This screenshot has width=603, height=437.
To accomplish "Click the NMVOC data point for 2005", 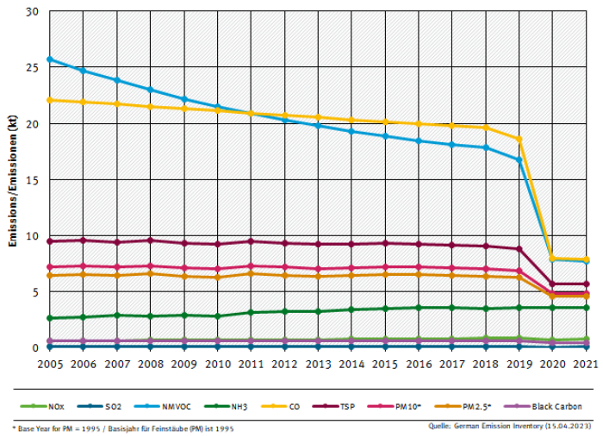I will tap(49, 59).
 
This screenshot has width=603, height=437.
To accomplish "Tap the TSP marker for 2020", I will tap(553, 284).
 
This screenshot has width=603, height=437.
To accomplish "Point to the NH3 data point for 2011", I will tap(251, 313).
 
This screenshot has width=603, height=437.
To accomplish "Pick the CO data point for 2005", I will tap(49, 100).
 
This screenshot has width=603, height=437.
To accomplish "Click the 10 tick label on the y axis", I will tap(33, 236).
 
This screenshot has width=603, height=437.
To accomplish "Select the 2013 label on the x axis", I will tap(318, 365).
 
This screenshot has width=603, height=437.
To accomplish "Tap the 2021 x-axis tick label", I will tap(586, 365).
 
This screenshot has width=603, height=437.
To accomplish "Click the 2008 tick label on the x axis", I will tap(150, 365).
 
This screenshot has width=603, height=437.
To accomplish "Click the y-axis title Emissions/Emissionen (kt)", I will tap(13, 180).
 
